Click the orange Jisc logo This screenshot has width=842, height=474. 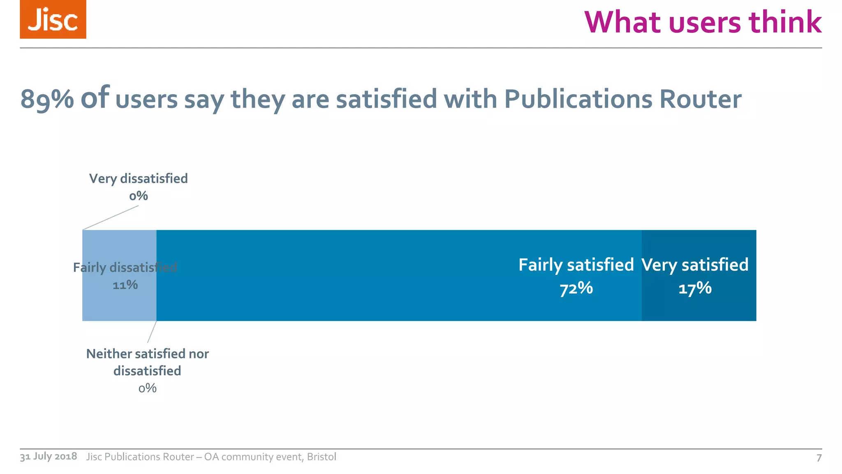[x=53, y=19]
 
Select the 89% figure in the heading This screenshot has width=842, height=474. [x=47, y=100]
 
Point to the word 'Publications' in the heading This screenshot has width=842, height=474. [x=578, y=100]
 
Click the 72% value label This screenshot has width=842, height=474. [x=576, y=288]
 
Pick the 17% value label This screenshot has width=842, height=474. [x=695, y=288]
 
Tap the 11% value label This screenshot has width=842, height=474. [x=125, y=285]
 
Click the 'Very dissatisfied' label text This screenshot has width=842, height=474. [x=139, y=179]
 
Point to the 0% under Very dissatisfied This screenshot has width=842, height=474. [x=139, y=196]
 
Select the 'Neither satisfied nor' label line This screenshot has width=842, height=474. [x=147, y=354]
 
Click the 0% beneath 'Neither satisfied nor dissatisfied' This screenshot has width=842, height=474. [x=147, y=388]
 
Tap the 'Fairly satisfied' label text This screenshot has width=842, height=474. [x=576, y=265]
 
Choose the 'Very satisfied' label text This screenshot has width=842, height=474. [x=695, y=265]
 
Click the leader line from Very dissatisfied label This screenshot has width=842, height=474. [x=111, y=218]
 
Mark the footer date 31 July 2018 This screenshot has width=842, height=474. [x=49, y=456]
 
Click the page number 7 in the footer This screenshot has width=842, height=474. [x=819, y=458]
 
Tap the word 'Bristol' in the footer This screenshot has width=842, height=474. [x=322, y=457]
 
